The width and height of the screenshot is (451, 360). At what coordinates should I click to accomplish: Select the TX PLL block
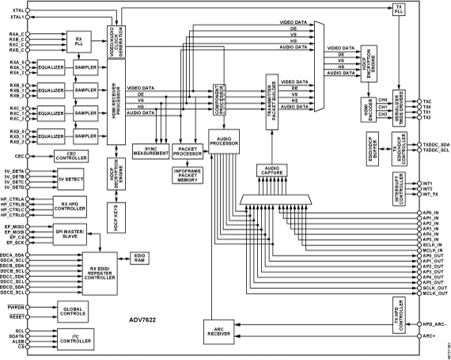(397, 9)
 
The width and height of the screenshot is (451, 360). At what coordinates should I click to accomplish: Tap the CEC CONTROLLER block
(72, 157)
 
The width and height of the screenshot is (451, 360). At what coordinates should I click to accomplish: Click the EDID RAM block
(140, 257)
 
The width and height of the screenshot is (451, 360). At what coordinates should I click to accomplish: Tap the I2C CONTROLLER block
(76, 339)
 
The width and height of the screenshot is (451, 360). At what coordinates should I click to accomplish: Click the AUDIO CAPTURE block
(272, 170)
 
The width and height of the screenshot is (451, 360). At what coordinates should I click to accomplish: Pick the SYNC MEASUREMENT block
(152, 152)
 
